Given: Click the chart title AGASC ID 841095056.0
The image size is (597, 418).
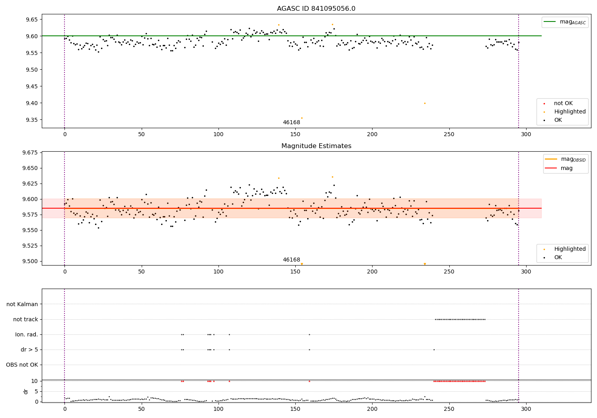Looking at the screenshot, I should pos(316,9).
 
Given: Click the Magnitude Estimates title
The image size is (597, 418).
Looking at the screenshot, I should pos(316,146).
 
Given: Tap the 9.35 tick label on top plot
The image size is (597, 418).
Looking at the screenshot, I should pos(30,120).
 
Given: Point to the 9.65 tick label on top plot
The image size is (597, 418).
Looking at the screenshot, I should pos(30,20).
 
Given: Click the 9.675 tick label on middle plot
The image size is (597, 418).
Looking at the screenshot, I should pos(29,153).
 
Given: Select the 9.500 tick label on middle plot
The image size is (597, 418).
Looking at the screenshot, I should pos(29,261).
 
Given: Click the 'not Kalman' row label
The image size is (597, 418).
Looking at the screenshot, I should pos(22,304).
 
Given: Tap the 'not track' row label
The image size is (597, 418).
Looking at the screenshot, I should pos(25,319).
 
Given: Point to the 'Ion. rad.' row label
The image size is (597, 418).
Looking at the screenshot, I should pos(27,334).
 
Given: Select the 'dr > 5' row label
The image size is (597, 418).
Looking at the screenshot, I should pos(29,350).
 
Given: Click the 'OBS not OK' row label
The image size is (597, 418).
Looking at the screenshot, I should pos(22,365).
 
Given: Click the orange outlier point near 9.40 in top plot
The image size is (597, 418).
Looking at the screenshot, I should pos(425,103).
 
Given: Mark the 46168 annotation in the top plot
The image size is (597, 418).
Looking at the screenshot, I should pos(291,123).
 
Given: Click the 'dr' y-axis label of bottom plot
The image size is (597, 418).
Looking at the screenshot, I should pos(26,391).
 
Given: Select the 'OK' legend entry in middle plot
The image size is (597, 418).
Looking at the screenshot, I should pos(558,258).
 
